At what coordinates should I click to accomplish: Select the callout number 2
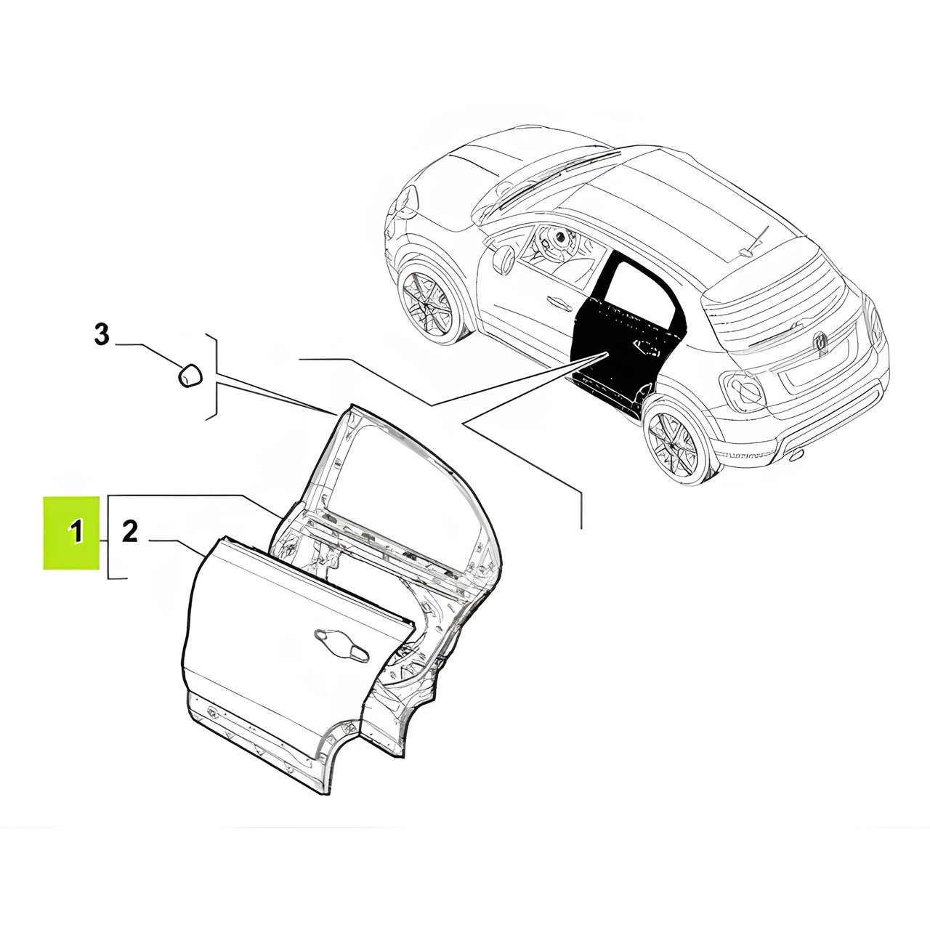tap(129, 531)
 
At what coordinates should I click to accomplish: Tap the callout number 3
tap(101, 334)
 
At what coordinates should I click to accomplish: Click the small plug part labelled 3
tap(190, 375)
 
